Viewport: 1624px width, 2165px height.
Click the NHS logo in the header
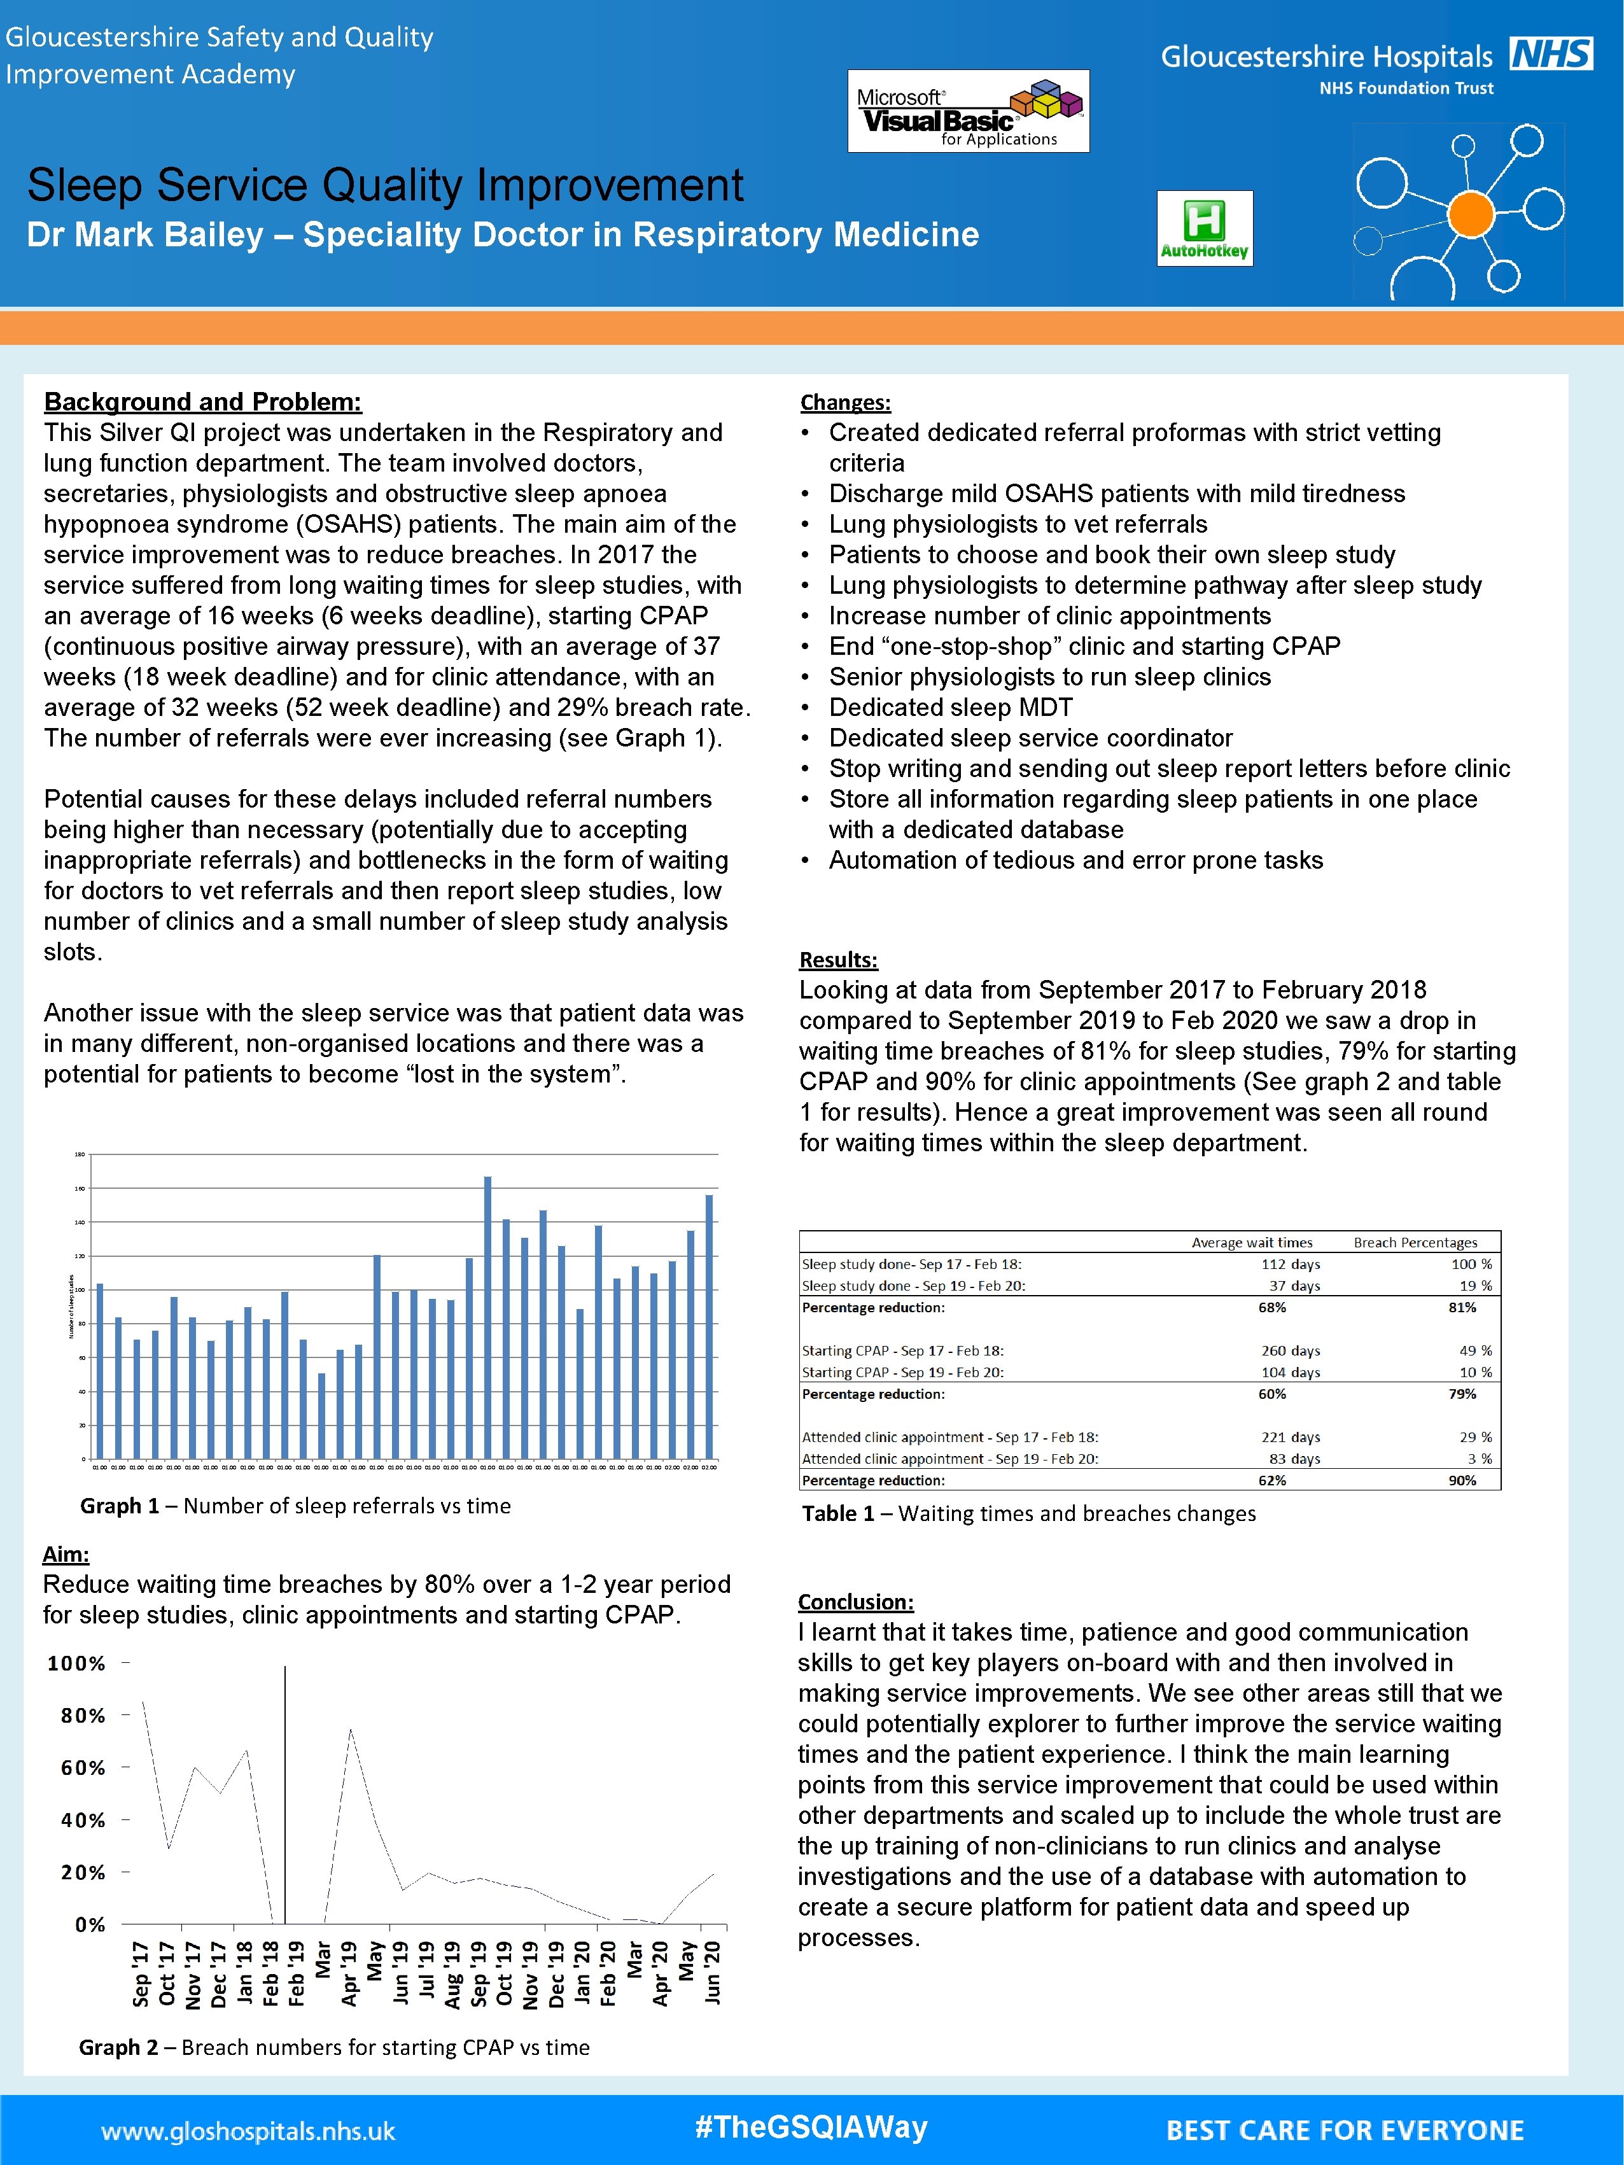pos(1551,54)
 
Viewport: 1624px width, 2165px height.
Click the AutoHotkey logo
pos(1204,228)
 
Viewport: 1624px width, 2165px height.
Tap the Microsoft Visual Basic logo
pos(968,111)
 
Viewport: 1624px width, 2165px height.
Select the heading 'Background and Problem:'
pos(202,402)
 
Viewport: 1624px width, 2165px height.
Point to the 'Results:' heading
pos(838,960)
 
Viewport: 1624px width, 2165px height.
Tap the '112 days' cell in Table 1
pos(1290,1265)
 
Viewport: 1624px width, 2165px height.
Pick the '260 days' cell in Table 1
pos(1290,1350)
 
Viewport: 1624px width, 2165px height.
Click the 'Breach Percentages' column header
pos(1415,1243)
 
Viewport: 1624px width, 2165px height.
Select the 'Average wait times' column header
pos(1251,1243)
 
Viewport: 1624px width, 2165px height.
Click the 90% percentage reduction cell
pos(1462,1481)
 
